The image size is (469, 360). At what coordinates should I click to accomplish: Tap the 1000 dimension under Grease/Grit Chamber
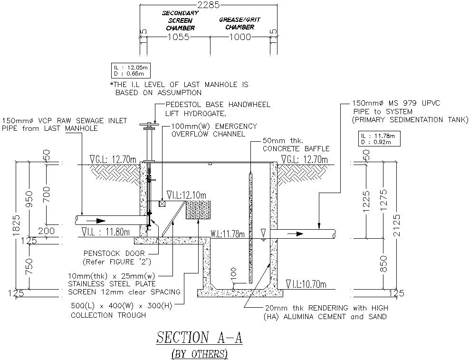(x=239, y=38)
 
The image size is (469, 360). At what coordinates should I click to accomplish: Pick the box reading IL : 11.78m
(x=379, y=139)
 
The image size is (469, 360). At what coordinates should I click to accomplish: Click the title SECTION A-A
(x=200, y=338)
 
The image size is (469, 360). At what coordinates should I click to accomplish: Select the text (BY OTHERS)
(x=200, y=353)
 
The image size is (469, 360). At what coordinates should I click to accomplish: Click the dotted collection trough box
(x=199, y=210)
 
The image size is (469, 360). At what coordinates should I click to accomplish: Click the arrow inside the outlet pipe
(x=298, y=234)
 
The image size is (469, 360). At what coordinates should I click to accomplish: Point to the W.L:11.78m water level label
(x=228, y=234)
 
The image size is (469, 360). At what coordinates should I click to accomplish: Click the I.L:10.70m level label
(x=306, y=284)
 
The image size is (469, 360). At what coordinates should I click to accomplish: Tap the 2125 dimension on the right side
(x=397, y=225)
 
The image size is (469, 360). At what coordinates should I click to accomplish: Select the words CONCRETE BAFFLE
(x=296, y=149)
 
